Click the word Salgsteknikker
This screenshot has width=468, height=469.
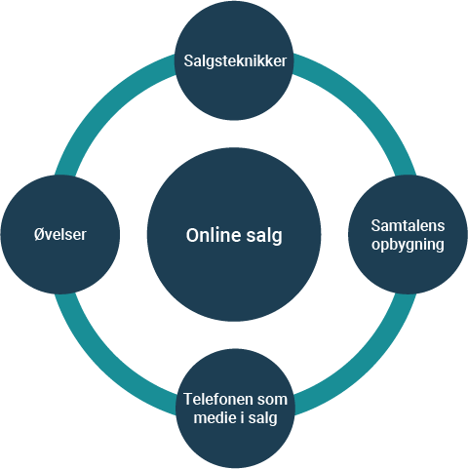235,61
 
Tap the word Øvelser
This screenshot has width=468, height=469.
60,234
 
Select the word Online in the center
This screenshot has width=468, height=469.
214,235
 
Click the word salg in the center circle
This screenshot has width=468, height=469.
264,236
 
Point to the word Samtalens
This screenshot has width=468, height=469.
408,225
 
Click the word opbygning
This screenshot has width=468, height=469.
408,245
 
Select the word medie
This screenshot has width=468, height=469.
215,417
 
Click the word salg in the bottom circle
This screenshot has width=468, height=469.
262,418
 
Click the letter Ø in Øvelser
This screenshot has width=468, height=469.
39,234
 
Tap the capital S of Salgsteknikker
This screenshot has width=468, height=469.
188,61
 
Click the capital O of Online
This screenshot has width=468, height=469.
192,235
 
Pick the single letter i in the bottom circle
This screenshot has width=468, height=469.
243,417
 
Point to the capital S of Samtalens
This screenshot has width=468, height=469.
375,225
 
